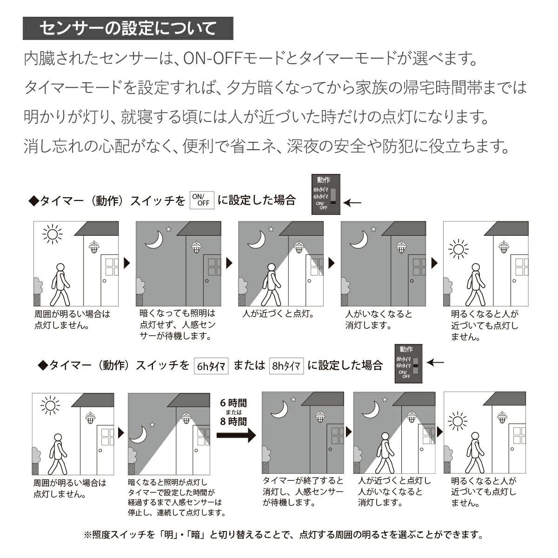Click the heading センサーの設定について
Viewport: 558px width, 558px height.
click(x=128, y=28)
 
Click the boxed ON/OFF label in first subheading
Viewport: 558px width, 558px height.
click(x=202, y=200)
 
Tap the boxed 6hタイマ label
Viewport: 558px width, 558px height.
click(x=211, y=366)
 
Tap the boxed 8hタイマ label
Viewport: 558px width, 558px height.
click(x=286, y=366)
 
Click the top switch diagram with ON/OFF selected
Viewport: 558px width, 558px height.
click(x=325, y=194)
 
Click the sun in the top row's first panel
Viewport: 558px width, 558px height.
click(x=52, y=234)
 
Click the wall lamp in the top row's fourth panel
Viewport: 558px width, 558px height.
click(x=400, y=247)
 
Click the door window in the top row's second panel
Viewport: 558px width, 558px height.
click(x=214, y=266)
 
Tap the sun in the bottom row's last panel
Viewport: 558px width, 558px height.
click(x=458, y=421)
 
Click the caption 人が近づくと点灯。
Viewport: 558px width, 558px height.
click(x=278, y=314)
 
